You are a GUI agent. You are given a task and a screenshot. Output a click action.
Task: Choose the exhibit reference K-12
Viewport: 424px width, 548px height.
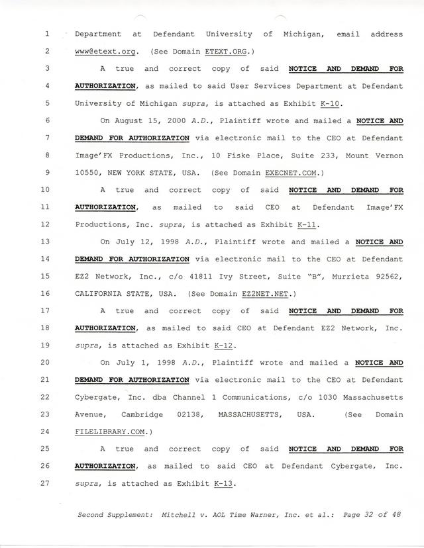coord(225,345)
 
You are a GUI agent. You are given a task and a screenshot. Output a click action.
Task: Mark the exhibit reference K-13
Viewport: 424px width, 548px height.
coord(225,484)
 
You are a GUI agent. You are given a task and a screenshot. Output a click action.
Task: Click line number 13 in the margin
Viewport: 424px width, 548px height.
coord(46,242)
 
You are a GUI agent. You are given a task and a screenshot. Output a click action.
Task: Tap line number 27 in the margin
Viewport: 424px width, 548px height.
coord(46,484)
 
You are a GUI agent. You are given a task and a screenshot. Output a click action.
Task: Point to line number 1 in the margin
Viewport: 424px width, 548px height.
coord(48,34)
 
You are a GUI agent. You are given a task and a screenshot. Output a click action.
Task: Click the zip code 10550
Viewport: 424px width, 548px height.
coord(87,173)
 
